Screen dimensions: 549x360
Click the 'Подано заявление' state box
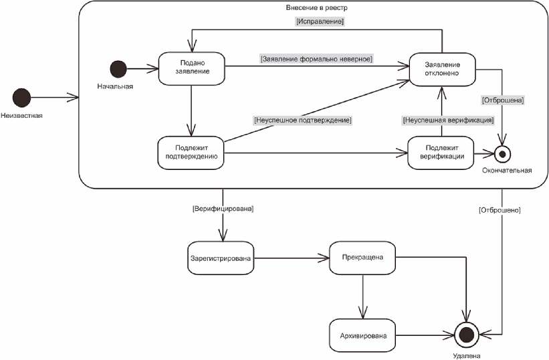pyautogui.click(x=191, y=69)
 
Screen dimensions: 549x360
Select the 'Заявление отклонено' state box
pyautogui.click(x=442, y=70)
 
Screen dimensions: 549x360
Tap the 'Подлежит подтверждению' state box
pyautogui.click(x=191, y=153)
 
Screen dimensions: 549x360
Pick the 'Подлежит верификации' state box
pyautogui.click(x=441, y=153)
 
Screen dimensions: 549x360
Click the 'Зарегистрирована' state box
pyautogui.click(x=221, y=258)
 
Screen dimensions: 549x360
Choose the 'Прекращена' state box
pyautogui.click(x=362, y=258)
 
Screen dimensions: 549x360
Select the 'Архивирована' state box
pyautogui.click(x=362, y=335)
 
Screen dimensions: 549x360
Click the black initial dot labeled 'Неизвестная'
pyautogui.click(x=21, y=98)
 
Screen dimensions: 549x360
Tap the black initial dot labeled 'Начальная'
pyautogui.click(x=118, y=69)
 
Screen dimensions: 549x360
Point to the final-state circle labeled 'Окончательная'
pyautogui.click(x=503, y=154)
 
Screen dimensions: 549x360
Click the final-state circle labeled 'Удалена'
pyautogui.click(x=466, y=335)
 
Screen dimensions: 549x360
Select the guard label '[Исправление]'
pyautogui.click(x=320, y=21)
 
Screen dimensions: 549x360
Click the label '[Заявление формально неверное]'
pyautogui.click(x=316, y=59)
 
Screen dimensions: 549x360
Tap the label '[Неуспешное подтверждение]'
pyautogui.click(x=302, y=120)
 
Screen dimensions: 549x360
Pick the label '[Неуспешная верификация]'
pyautogui.click(x=448, y=120)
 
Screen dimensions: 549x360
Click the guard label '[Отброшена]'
pyautogui.click(x=503, y=100)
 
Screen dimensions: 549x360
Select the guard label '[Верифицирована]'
pyautogui.click(x=223, y=209)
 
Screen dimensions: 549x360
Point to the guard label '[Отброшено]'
pyautogui.click(x=500, y=210)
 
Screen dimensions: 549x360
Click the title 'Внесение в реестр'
pyautogui.click(x=317, y=7)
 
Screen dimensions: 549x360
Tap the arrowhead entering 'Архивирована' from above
pyautogui.click(x=362, y=312)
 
